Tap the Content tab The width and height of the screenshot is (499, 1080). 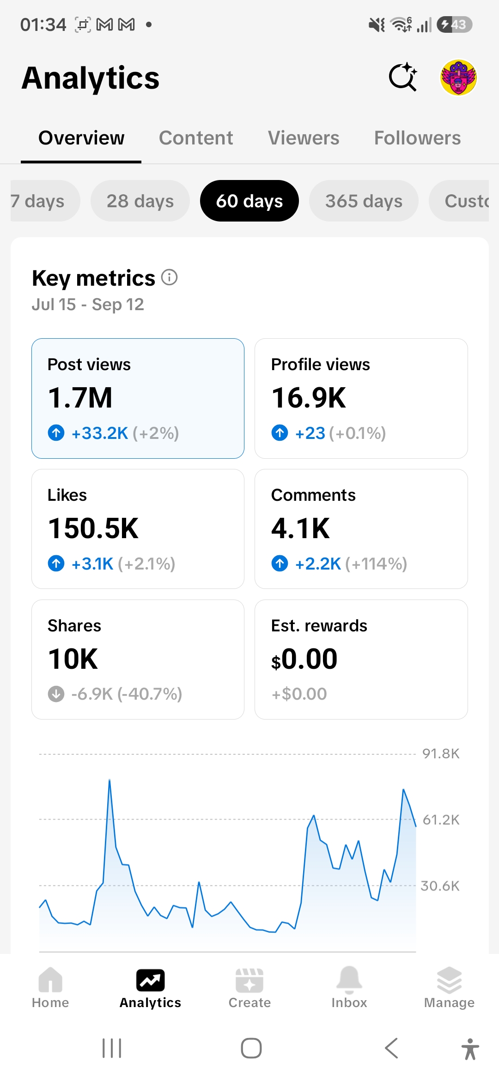[196, 138]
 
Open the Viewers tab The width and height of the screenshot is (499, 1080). [304, 138]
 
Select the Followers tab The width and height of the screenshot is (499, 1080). [417, 138]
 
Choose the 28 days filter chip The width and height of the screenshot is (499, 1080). [140, 201]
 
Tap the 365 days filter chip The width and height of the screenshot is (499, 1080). [364, 201]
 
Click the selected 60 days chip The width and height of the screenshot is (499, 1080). [249, 201]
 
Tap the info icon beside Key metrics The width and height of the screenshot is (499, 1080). [170, 277]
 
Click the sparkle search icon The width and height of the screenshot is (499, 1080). [403, 77]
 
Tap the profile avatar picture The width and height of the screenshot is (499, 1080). [458, 77]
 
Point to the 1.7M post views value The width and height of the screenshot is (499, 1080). [80, 398]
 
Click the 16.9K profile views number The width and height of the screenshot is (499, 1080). [309, 398]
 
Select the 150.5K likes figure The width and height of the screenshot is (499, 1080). [93, 528]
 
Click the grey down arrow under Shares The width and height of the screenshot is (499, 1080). [56, 694]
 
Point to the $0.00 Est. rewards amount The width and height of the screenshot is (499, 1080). [304, 659]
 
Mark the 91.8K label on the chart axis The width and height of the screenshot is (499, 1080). [441, 754]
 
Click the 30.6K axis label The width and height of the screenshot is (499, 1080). [440, 886]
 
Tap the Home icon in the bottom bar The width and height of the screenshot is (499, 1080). [50, 979]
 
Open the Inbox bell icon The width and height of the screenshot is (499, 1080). [349, 979]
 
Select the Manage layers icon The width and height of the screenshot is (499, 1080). [449, 980]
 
